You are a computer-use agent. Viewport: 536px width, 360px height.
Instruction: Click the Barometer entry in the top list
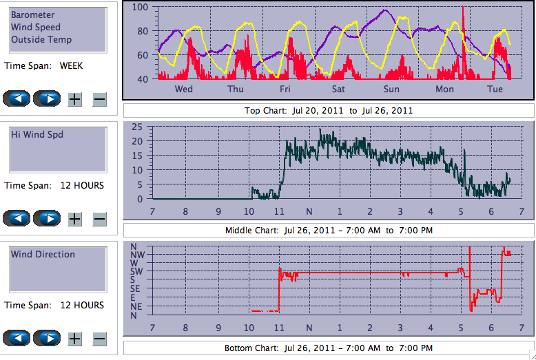click(32, 14)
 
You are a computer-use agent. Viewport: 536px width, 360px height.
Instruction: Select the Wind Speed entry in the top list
click(35, 27)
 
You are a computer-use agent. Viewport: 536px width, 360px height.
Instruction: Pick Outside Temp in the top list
click(41, 39)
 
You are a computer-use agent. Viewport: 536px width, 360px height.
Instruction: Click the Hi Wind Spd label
click(37, 134)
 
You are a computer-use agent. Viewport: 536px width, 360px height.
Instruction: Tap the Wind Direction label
click(43, 254)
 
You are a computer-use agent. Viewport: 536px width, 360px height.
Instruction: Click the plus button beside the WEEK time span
click(75, 99)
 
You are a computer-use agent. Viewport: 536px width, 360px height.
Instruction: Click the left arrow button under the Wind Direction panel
click(17, 339)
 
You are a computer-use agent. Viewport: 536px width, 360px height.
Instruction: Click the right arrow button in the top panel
click(47, 98)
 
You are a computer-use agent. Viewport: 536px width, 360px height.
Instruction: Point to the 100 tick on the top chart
click(141, 7)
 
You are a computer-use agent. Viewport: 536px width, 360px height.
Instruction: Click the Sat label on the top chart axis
click(338, 89)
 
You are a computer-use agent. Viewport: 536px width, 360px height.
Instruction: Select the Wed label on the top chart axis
click(184, 89)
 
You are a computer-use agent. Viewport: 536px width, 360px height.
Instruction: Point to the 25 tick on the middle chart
click(137, 127)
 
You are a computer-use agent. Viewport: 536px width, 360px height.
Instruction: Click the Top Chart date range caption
click(329, 110)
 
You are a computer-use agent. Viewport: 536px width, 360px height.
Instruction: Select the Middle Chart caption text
click(329, 230)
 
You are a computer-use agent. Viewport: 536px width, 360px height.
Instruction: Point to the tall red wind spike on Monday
click(463, 21)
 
